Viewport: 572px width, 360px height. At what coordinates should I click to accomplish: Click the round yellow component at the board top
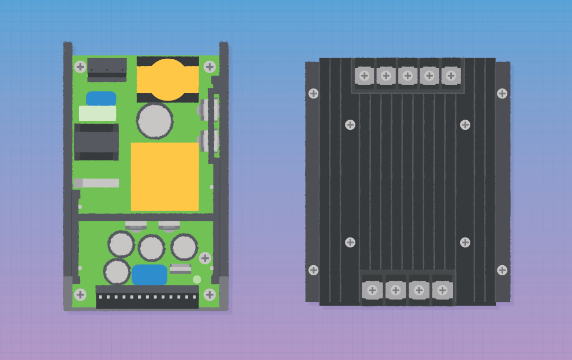[x=168, y=79]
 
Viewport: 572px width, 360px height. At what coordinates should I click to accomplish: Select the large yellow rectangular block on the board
[x=165, y=176]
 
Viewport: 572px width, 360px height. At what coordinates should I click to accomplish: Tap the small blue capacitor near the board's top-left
[x=101, y=98]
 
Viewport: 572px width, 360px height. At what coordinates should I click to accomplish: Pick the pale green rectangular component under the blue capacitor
[x=97, y=113]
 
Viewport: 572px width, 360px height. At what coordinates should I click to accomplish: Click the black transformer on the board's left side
[x=96, y=141]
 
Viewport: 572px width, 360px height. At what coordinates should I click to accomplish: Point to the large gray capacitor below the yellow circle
[x=155, y=121]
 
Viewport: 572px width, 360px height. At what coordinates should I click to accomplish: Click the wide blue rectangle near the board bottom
[x=150, y=275]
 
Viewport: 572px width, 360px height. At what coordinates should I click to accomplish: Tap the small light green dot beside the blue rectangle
[x=197, y=280]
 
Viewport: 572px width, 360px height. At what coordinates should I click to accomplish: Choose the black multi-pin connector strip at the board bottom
[x=147, y=297]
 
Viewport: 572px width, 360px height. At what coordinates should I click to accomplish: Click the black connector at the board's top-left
[x=108, y=68]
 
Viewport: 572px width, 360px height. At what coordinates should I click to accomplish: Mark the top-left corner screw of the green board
[x=80, y=67]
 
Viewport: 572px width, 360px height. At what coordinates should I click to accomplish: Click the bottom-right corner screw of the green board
[x=210, y=294]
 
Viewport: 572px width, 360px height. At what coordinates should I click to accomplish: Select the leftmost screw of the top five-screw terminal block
[x=364, y=76]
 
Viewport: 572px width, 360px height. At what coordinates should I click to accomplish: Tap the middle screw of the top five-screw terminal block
[x=407, y=76]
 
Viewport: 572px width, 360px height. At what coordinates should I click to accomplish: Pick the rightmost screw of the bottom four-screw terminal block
[x=442, y=290]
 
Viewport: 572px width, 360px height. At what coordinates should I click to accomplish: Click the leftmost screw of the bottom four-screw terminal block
[x=372, y=290]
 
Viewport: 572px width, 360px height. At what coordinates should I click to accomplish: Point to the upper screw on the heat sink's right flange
[x=502, y=94]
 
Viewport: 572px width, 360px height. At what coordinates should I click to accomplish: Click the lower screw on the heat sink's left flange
[x=314, y=270]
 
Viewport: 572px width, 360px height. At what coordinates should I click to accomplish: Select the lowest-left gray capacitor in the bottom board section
[x=117, y=272]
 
